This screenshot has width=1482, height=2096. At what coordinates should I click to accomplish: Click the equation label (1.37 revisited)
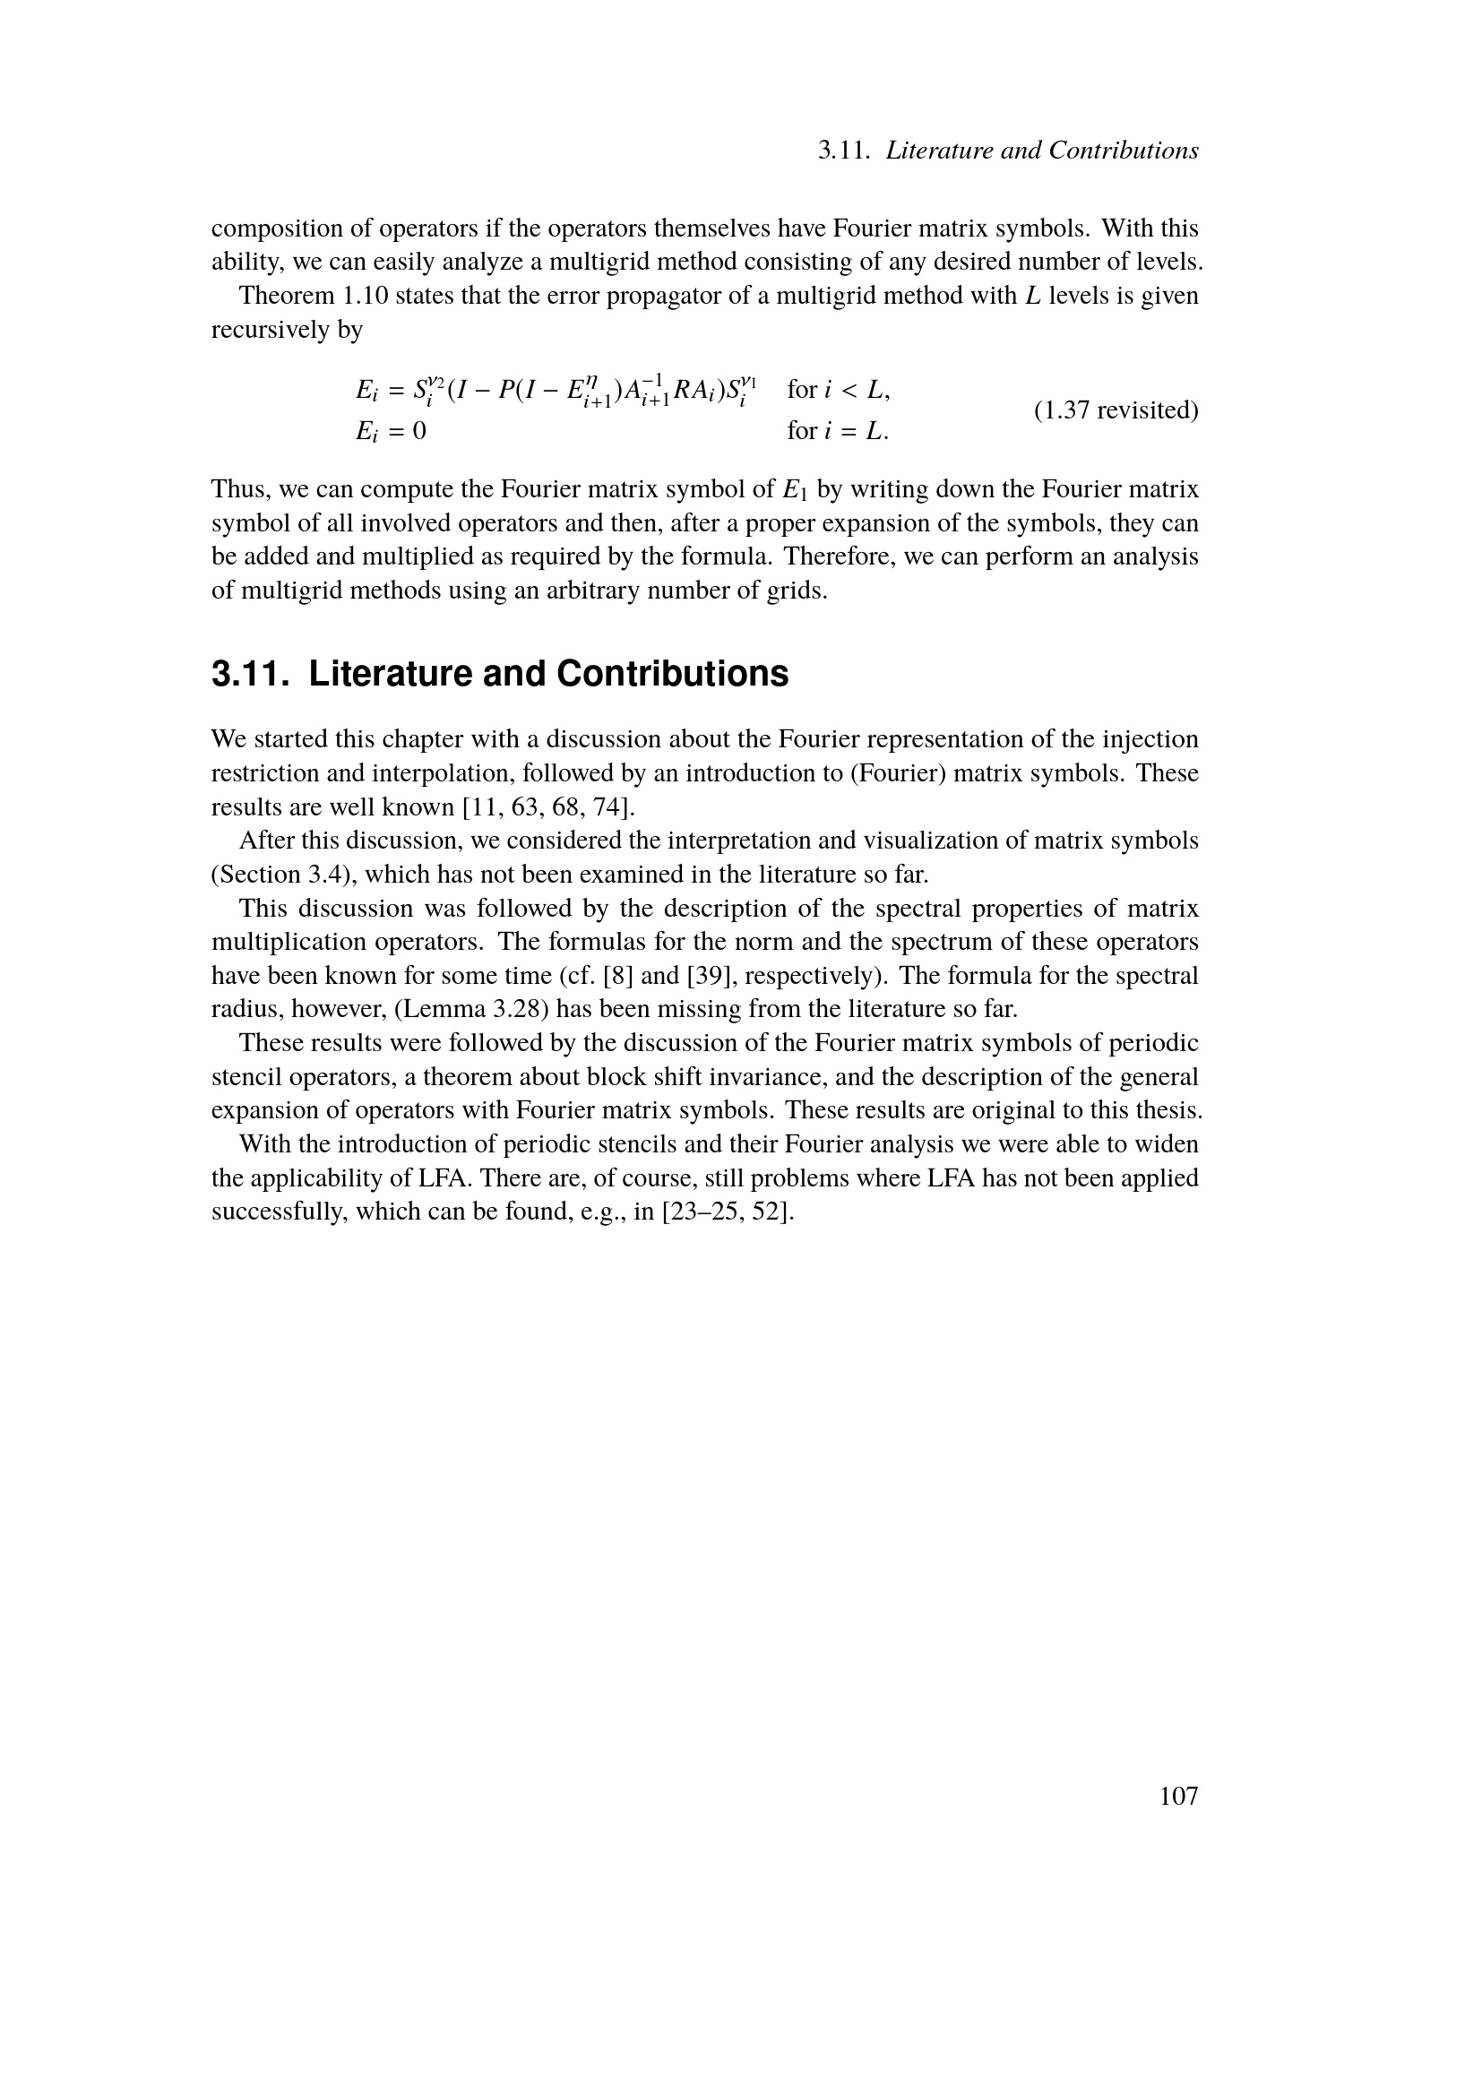coord(1116,410)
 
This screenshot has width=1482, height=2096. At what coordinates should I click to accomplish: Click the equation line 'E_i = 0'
coord(391,430)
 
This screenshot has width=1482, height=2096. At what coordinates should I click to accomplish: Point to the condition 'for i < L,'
coord(839,390)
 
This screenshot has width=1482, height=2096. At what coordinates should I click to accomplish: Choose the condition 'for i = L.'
coord(838,430)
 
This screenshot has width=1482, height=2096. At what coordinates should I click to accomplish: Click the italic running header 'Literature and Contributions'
coord(1042,151)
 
